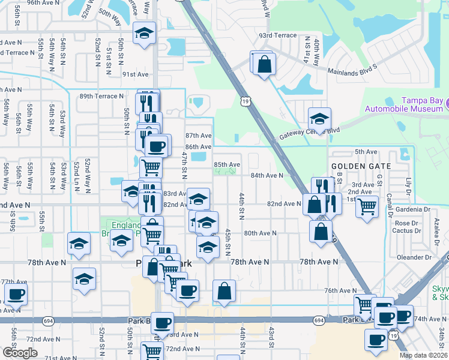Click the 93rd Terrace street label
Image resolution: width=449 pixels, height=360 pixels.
click(278, 35)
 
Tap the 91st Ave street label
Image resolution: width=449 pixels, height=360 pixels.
click(135, 74)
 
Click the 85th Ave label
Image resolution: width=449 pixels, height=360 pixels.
click(227, 164)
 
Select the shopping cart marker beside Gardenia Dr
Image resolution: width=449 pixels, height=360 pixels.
click(367, 206)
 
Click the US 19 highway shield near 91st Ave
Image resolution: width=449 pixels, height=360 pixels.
click(246, 103)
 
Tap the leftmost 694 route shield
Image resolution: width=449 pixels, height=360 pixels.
click(47, 322)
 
